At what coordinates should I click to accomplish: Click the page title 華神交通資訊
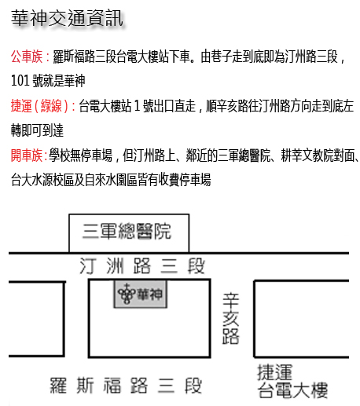point(67,18)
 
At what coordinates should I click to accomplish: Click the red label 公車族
point(27,57)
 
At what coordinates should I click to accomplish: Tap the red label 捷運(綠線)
point(40,106)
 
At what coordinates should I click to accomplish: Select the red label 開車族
point(27,155)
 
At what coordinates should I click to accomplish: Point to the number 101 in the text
point(20,81)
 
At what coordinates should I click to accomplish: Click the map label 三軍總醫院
point(127,231)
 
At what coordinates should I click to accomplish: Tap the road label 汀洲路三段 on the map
point(142,265)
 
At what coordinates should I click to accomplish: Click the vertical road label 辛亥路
point(230,318)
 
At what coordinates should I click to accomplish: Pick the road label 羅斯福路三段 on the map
point(126,386)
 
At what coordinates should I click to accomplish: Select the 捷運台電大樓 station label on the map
point(292,381)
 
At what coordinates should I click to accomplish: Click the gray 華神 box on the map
point(140,294)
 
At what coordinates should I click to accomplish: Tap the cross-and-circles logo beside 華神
point(127,294)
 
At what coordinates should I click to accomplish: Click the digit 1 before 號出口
point(137,106)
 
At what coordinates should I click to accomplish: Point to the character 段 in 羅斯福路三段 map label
point(193,386)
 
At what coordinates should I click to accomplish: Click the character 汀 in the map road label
point(87,266)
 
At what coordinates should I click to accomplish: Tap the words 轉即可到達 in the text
point(37,130)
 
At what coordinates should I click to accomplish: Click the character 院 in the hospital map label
point(163,231)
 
